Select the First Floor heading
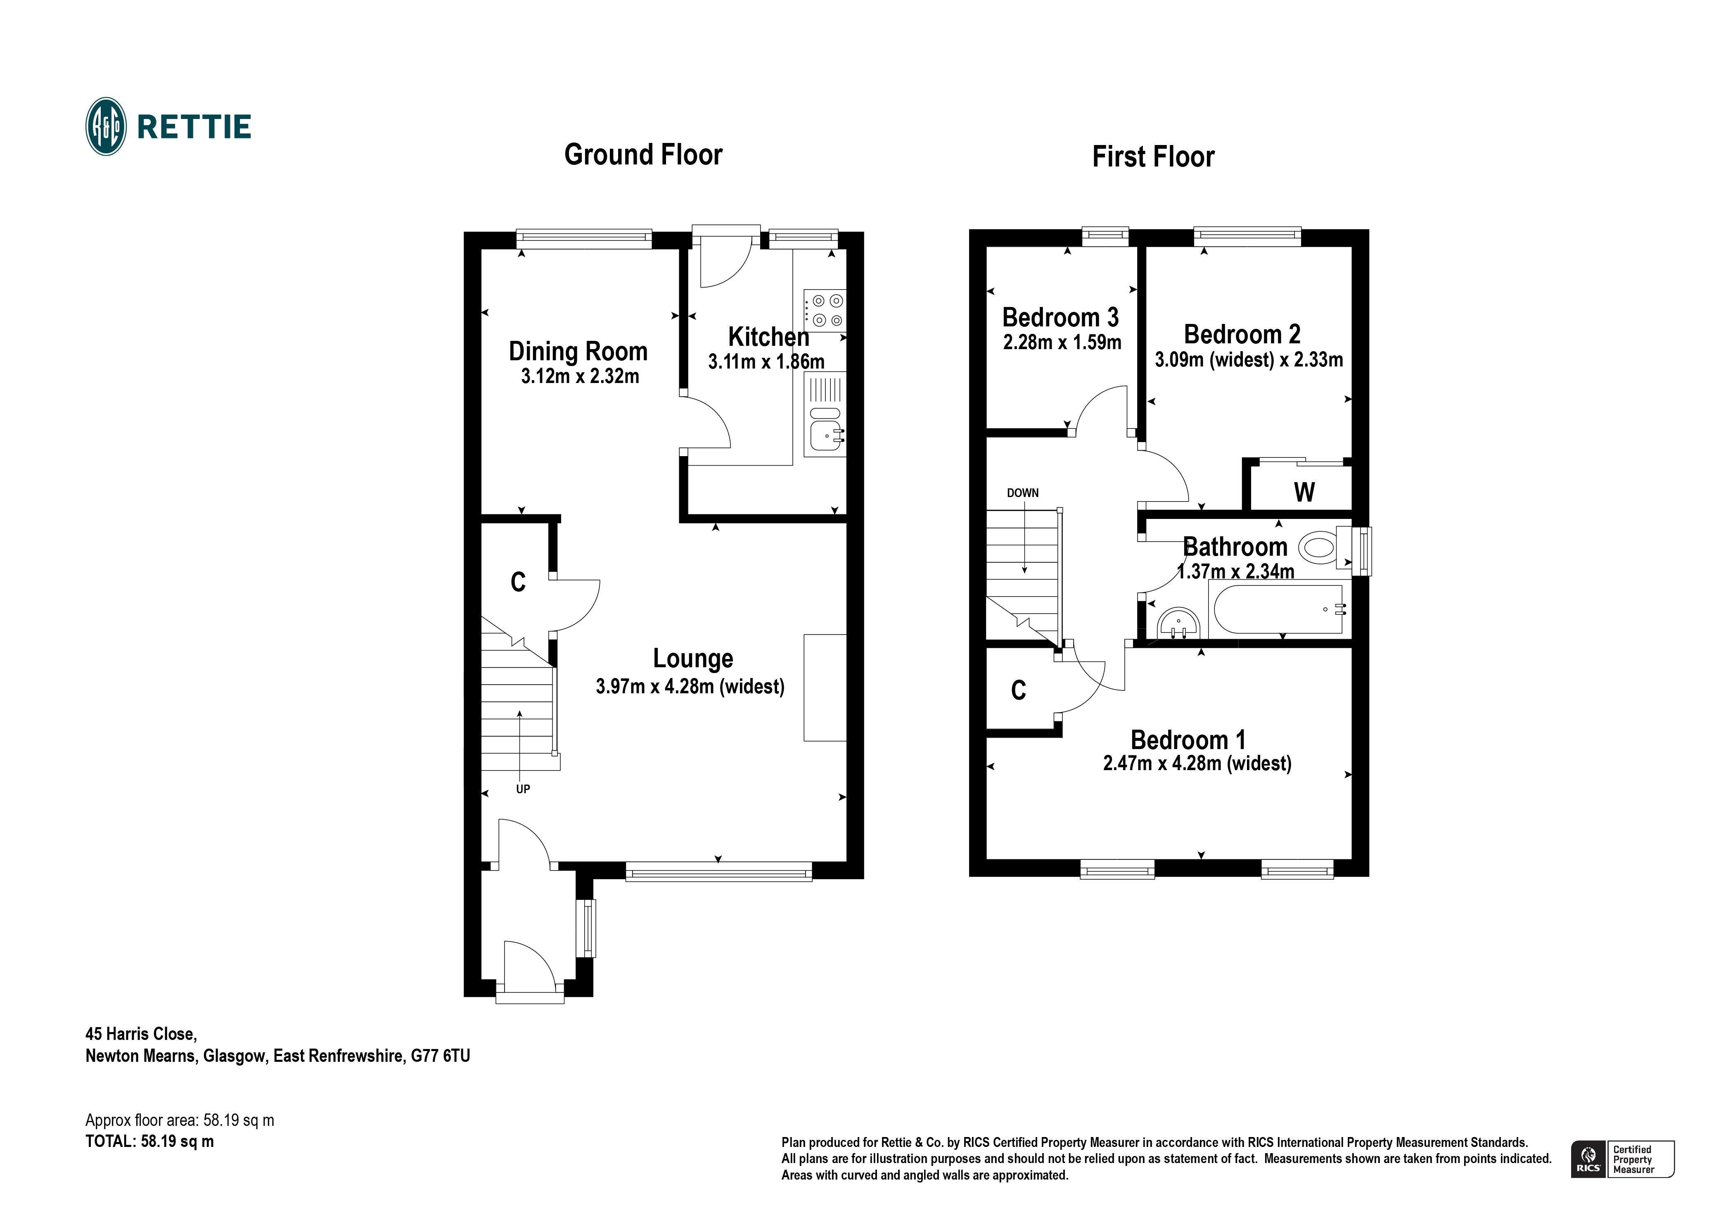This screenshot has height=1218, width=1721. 1153,157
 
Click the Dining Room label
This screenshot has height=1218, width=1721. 578,351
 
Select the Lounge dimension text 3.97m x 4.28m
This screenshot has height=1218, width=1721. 690,686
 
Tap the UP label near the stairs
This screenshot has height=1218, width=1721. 522,789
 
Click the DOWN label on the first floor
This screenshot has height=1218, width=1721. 1022,493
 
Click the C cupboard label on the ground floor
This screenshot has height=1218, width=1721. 518,582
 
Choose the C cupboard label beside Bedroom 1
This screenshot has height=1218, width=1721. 1018,690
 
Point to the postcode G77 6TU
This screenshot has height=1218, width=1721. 440,1056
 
